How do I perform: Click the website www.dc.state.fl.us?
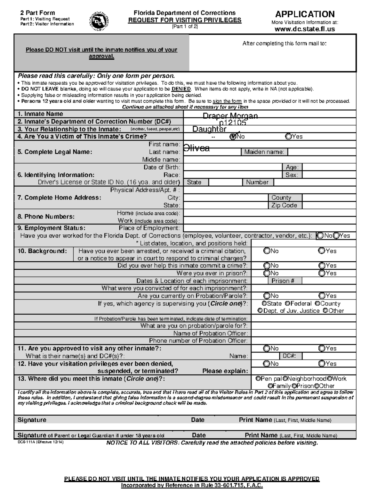[305, 29]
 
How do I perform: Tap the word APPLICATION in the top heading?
[305, 14]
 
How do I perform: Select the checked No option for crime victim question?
[233, 137]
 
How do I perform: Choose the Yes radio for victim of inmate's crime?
[289, 137]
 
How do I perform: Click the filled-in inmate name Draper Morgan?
[230, 116]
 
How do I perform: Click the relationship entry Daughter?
[209, 129]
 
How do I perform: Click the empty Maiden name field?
[322, 152]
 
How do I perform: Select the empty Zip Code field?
[329, 206]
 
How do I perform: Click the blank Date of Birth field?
[232, 167]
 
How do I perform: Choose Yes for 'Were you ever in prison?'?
[322, 273]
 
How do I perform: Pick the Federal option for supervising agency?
[288, 303]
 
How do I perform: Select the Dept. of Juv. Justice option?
[260, 311]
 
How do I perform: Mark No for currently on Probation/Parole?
[267, 296]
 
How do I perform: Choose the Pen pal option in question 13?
[258, 378]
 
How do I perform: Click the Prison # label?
[283, 281]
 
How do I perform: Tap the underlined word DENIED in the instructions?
[181, 89]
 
